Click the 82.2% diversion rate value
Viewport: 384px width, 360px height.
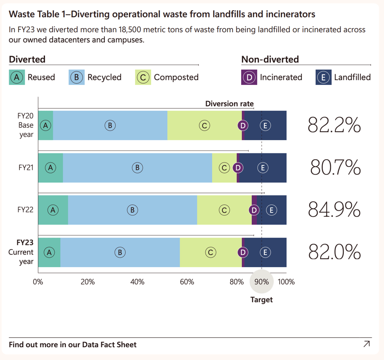[x=334, y=125]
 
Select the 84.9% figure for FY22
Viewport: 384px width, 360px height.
[x=334, y=210]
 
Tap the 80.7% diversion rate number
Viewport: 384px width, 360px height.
[x=335, y=167]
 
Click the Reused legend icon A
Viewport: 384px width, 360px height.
[x=17, y=77]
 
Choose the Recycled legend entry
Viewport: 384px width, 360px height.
[x=95, y=77]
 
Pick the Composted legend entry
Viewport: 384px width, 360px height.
[x=167, y=77]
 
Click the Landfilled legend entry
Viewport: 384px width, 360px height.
[x=343, y=77]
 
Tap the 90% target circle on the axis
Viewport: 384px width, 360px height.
[x=261, y=282]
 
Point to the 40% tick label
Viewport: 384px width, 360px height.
[x=137, y=282]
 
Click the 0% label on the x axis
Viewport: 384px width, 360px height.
[x=38, y=282]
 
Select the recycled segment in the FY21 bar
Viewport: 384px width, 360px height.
[x=137, y=167]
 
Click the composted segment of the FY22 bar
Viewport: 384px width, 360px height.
[x=224, y=210]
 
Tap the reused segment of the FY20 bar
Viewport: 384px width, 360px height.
[x=45, y=125]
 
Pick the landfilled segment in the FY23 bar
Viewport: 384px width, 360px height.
[x=265, y=252]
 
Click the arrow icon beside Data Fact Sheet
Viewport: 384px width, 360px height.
[x=366, y=344]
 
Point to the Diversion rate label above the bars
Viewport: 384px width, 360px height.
[x=230, y=104]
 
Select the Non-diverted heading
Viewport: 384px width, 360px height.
[x=270, y=59]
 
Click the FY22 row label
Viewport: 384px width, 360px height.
[x=26, y=209]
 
